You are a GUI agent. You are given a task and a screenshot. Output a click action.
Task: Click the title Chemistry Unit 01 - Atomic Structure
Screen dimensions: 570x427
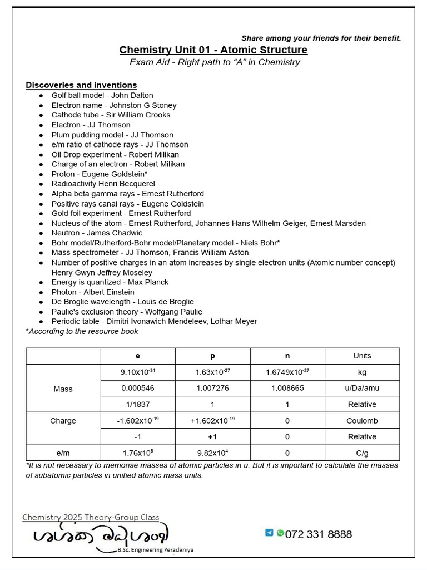pos(213,50)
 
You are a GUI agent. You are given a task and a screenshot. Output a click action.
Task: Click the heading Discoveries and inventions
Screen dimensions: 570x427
pos(81,85)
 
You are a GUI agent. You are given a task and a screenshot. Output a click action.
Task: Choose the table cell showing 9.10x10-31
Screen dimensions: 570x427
pos(138,372)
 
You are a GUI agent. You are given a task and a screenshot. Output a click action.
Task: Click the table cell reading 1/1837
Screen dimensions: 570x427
pos(138,404)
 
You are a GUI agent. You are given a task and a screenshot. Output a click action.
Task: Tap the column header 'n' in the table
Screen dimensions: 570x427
pos(287,356)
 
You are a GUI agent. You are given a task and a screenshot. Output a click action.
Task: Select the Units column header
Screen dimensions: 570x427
pos(362,356)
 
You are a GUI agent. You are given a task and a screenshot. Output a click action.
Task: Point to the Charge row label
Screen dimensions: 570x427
pos(63,421)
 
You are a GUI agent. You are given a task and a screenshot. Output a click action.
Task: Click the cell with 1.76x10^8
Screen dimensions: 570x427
pos(138,453)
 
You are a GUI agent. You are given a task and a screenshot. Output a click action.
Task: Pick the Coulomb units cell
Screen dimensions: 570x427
pos(362,421)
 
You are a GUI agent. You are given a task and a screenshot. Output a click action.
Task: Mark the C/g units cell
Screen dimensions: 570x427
pos(362,453)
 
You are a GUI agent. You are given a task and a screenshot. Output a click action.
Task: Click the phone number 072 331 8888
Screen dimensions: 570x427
pos(318,534)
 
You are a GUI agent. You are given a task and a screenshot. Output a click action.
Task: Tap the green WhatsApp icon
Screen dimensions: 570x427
pos(280,533)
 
